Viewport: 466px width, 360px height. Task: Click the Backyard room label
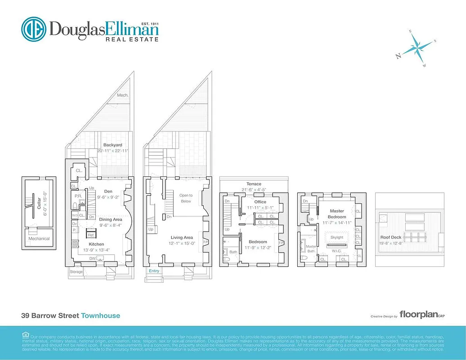(x=112, y=145)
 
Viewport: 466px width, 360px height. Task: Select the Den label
(x=108, y=191)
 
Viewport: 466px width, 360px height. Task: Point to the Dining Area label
(x=111, y=220)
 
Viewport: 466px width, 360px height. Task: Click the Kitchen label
(x=96, y=244)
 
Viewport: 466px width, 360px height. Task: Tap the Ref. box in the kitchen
(x=90, y=235)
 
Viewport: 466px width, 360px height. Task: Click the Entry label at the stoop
(x=154, y=271)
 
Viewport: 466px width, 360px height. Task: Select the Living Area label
(x=182, y=237)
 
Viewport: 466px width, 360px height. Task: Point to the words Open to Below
(x=186, y=198)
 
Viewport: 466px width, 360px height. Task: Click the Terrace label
(x=253, y=184)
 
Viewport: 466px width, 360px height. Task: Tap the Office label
(x=260, y=202)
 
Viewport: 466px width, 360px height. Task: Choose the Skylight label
(x=336, y=237)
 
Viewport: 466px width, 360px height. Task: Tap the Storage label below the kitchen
(x=76, y=271)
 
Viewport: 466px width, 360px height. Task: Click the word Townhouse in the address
(x=100, y=315)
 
